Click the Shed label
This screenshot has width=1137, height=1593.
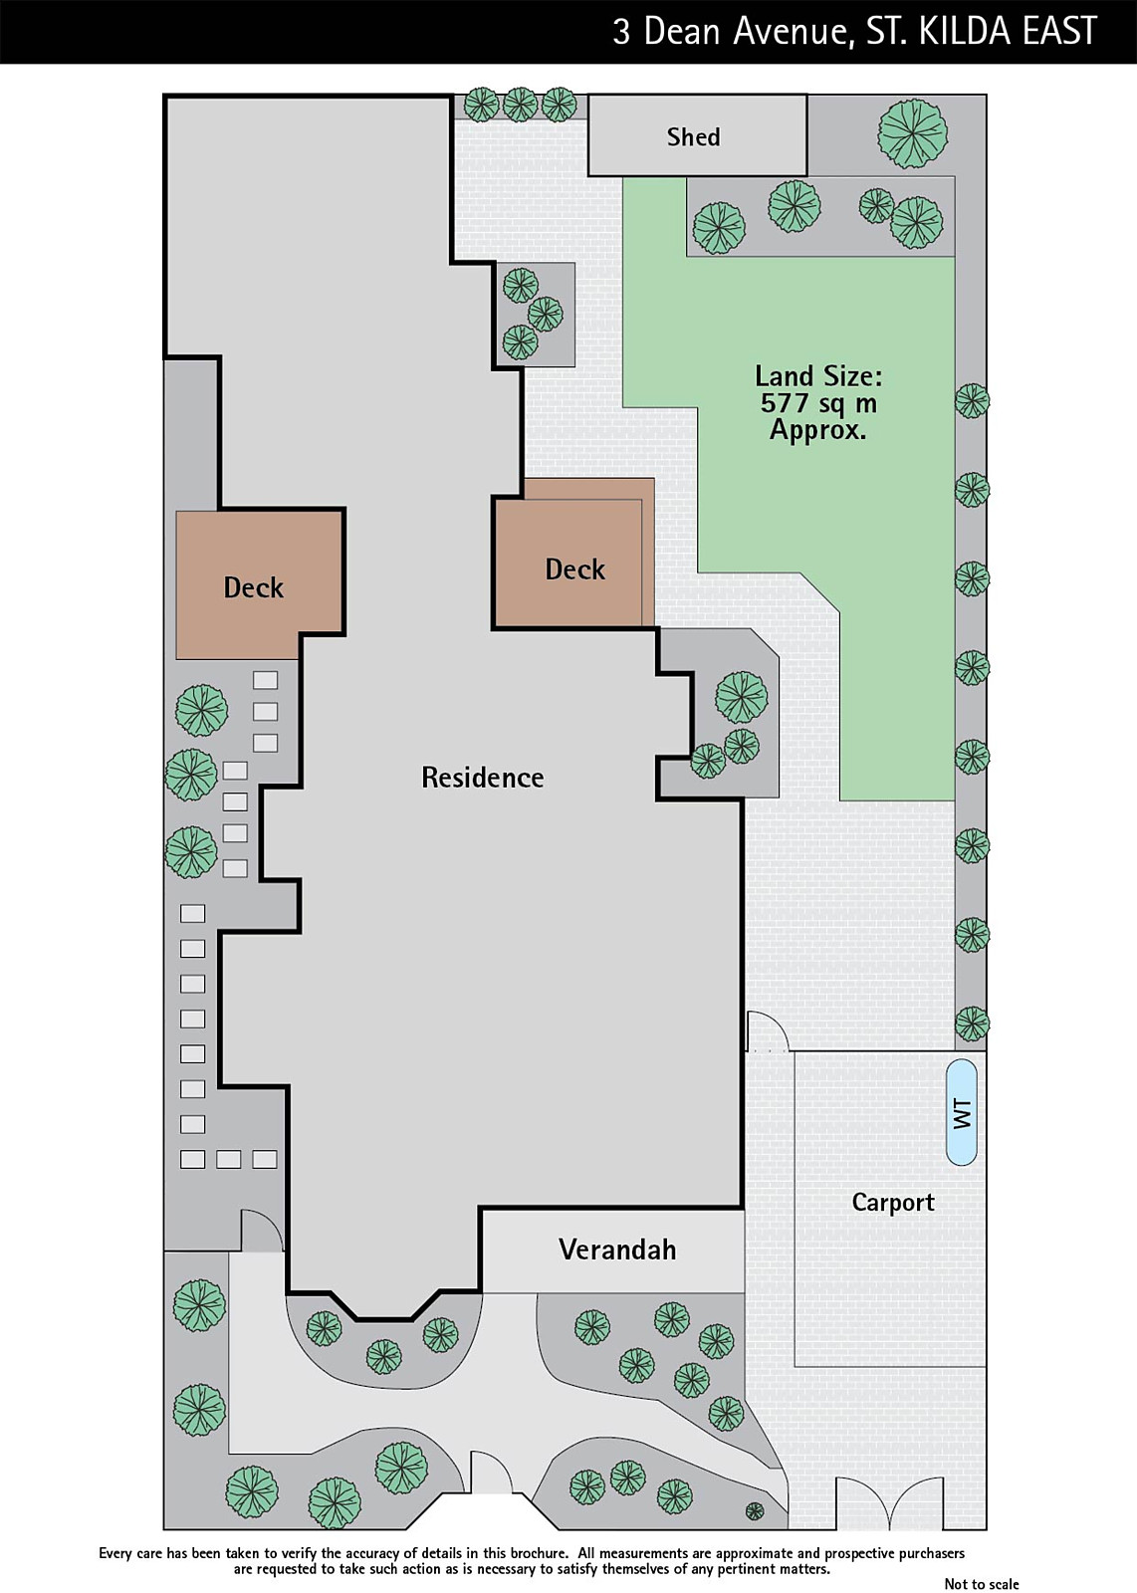tap(693, 136)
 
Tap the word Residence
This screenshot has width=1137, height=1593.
tap(483, 778)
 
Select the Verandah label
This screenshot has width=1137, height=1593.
tap(617, 1250)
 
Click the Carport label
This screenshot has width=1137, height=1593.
tap(893, 1203)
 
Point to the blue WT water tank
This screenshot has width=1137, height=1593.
tap(962, 1112)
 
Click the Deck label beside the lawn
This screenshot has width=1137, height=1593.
tap(574, 569)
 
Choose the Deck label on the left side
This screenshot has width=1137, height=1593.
tap(253, 587)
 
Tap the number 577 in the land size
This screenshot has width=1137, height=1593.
tap(785, 403)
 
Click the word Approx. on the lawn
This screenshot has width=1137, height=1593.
tap(818, 430)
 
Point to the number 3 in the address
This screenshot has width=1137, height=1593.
tap(621, 32)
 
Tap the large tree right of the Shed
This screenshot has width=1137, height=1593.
tap(913, 133)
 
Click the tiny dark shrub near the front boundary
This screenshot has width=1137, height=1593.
tap(755, 1510)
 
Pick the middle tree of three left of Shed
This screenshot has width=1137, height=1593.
tap(520, 105)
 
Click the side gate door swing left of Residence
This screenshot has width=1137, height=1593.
tap(263, 1230)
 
